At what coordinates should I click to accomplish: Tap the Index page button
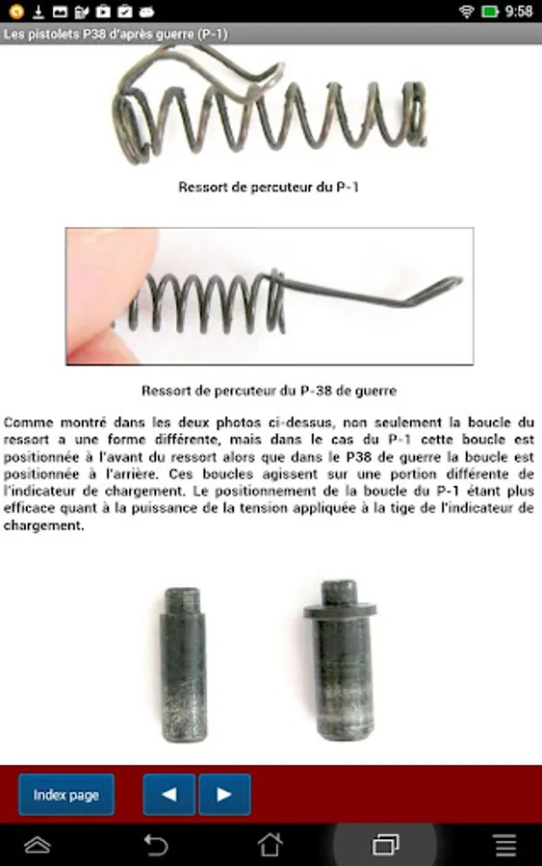tap(66, 794)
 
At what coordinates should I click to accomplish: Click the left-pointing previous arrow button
tap(169, 794)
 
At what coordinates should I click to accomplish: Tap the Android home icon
tap(271, 845)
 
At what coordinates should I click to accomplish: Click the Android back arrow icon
tap(156, 845)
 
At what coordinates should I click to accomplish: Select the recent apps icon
tap(386, 845)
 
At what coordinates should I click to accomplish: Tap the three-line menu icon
tap(505, 845)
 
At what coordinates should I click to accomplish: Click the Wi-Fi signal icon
tap(467, 11)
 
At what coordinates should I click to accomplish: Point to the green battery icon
tap(490, 11)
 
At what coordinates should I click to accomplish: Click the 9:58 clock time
tap(519, 11)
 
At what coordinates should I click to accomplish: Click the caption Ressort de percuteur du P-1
tap(269, 188)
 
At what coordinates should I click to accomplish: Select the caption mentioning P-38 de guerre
tap(269, 391)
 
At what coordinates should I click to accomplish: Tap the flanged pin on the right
tap(341, 660)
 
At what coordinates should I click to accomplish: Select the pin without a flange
tap(184, 665)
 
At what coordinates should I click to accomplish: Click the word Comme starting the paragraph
tap(28, 422)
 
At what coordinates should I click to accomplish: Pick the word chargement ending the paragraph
tap(43, 525)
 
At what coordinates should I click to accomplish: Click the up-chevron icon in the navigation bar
tap(38, 845)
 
